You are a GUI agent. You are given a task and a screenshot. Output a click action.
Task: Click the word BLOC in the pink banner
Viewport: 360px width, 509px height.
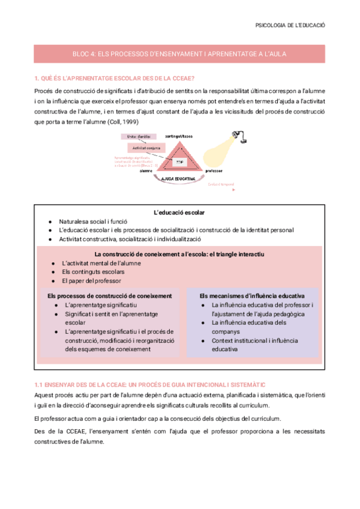[x=81, y=54]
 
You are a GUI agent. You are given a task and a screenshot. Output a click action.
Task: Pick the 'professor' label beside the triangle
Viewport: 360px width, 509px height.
[x=213, y=171]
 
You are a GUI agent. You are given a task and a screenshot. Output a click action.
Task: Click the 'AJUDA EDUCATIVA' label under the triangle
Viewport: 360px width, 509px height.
[x=179, y=179]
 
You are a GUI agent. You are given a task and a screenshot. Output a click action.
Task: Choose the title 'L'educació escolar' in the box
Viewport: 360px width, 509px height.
[x=179, y=212]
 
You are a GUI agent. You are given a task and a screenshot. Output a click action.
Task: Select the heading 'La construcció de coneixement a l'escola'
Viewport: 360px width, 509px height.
[x=179, y=254]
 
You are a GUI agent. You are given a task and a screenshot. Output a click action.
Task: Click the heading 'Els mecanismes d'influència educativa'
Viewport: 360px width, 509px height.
[x=251, y=296]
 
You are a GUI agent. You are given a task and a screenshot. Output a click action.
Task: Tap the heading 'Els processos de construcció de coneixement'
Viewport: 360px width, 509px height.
[x=110, y=296]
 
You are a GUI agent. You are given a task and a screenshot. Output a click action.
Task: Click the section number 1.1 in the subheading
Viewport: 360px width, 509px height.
[x=39, y=384]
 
